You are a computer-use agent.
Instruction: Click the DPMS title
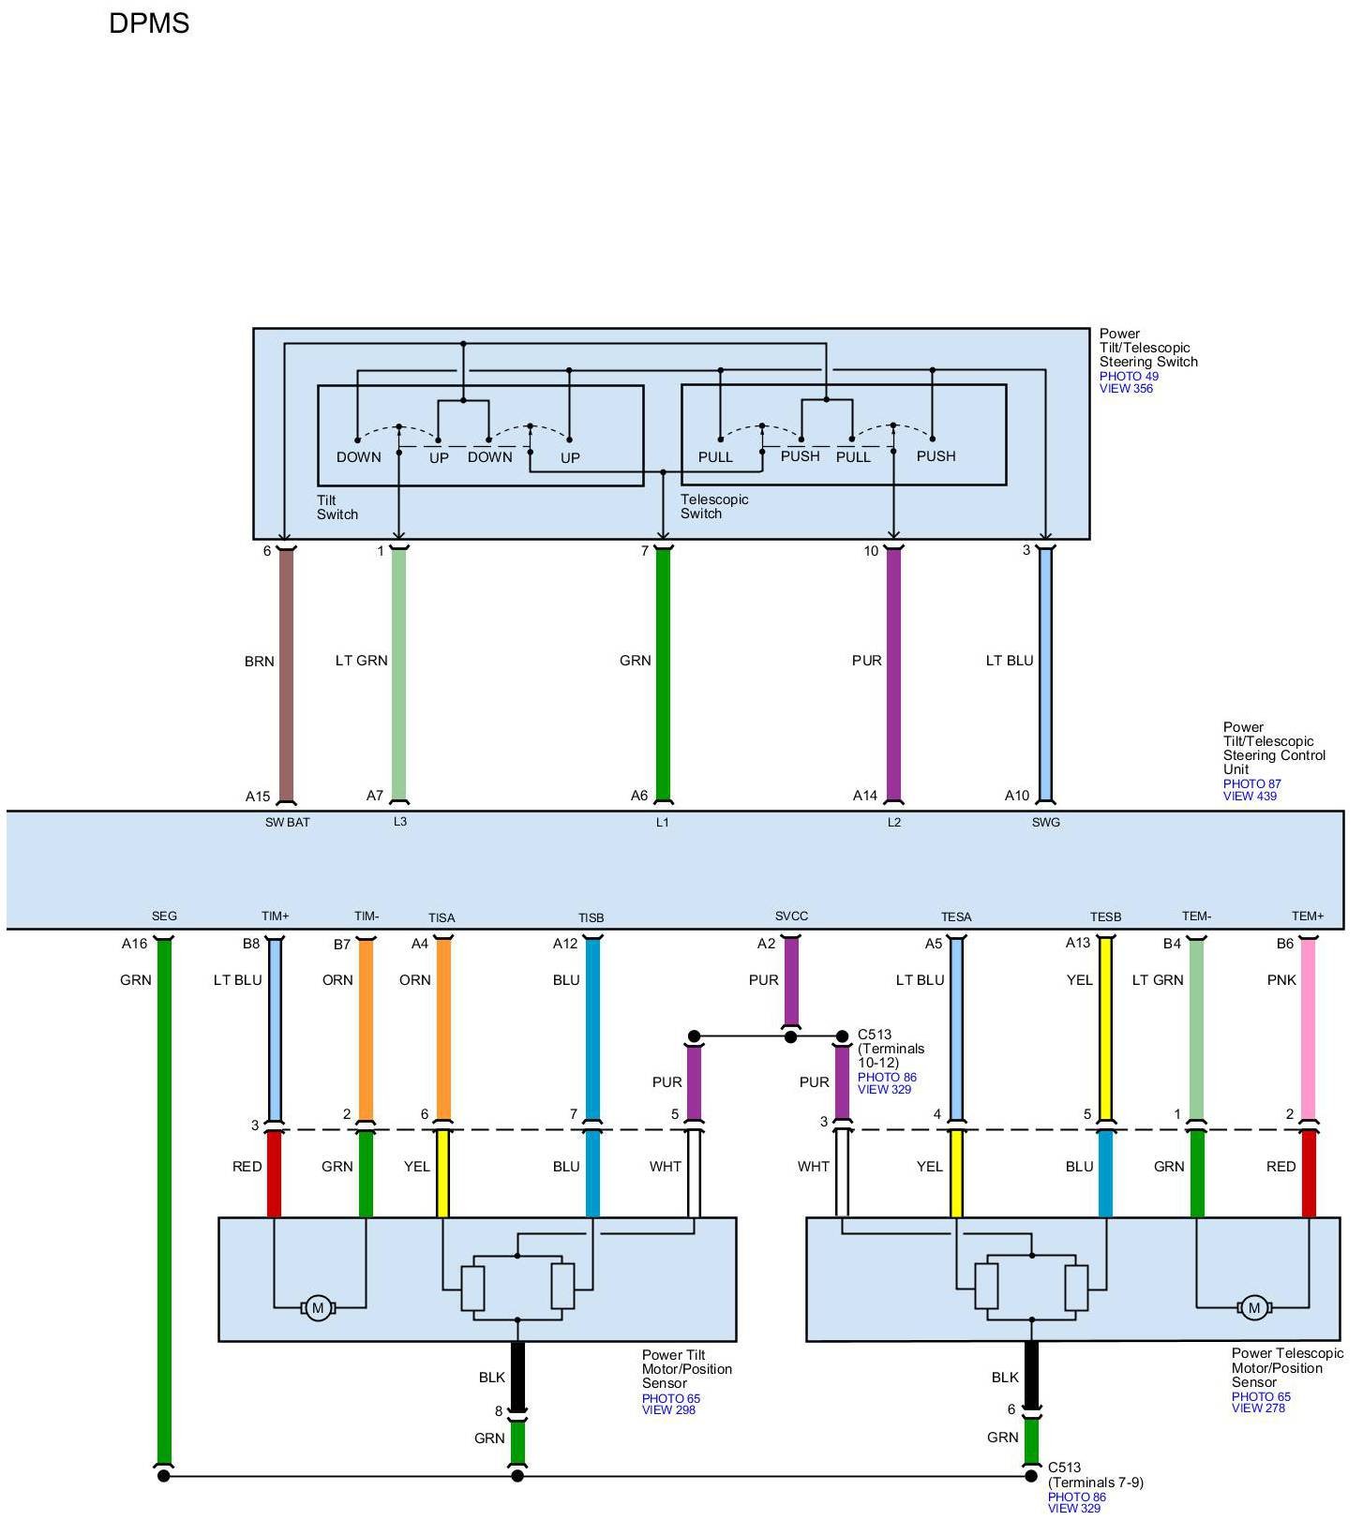149,23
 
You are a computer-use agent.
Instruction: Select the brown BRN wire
286,675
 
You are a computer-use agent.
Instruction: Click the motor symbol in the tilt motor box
318,1308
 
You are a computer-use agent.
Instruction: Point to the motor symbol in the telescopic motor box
1253,1308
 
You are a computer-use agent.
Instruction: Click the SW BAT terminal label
287,823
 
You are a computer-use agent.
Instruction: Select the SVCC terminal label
791,916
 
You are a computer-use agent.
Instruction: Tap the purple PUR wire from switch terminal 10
893,675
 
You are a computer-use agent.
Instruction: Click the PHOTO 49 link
1129,376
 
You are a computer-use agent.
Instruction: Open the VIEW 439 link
1250,797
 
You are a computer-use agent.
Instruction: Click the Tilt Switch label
337,507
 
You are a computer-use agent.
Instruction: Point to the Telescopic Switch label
714,506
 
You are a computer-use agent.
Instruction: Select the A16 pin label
134,944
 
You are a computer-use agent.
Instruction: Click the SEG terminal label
164,916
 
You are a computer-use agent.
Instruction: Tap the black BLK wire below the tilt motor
517,1376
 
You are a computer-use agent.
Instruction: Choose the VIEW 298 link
668,1409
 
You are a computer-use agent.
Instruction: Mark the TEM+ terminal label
1308,916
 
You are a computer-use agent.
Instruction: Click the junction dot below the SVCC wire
790,1036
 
